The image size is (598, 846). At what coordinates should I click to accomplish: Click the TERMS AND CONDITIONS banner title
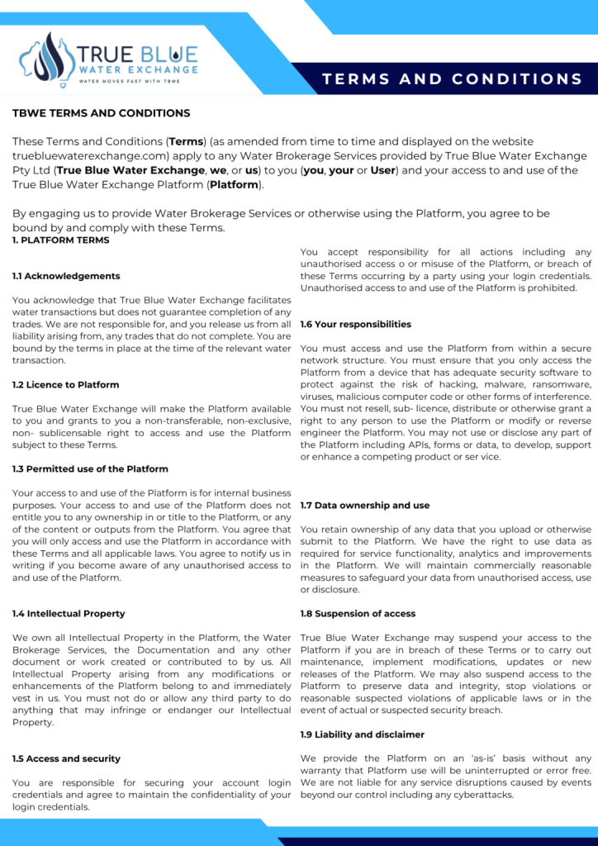click(x=453, y=79)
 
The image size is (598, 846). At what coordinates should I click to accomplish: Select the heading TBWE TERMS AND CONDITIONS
click(x=101, y=113)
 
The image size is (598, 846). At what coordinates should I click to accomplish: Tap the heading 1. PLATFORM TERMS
click(x=62, y=240)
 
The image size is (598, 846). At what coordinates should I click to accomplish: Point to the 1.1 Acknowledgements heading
click(x=66, y=276)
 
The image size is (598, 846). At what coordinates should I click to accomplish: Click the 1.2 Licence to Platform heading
click(x=65, y=385)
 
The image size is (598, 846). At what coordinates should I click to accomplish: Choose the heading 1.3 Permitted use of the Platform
click(x=90, y=469)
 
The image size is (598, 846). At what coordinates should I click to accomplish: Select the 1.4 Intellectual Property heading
click(x=69, y=614)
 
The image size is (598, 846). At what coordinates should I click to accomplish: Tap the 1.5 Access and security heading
click(x=66, y=758)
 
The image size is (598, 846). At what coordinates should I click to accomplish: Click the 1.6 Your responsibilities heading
click(x=356, y=325)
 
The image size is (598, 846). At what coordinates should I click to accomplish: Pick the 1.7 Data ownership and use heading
click(x=365, y=506)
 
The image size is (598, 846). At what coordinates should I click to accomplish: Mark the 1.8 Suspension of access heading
click(x=358, y=614)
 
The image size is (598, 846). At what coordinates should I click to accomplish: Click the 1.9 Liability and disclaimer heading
click(x=363, y=734)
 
